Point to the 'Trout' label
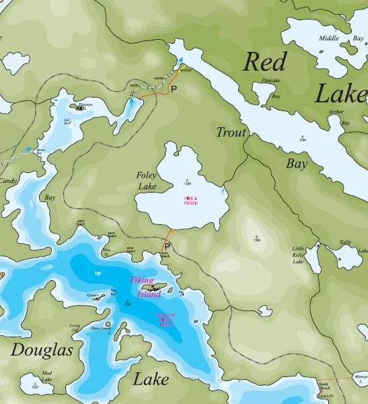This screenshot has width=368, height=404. [231, 133]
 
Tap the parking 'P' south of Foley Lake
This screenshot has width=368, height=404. [166, 248]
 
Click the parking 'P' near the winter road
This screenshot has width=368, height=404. [173, 89]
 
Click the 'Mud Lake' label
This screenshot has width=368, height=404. [46, 375]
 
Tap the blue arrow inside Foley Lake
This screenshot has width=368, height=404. [223, 193]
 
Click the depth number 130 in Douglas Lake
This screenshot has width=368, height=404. [98, 273]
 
